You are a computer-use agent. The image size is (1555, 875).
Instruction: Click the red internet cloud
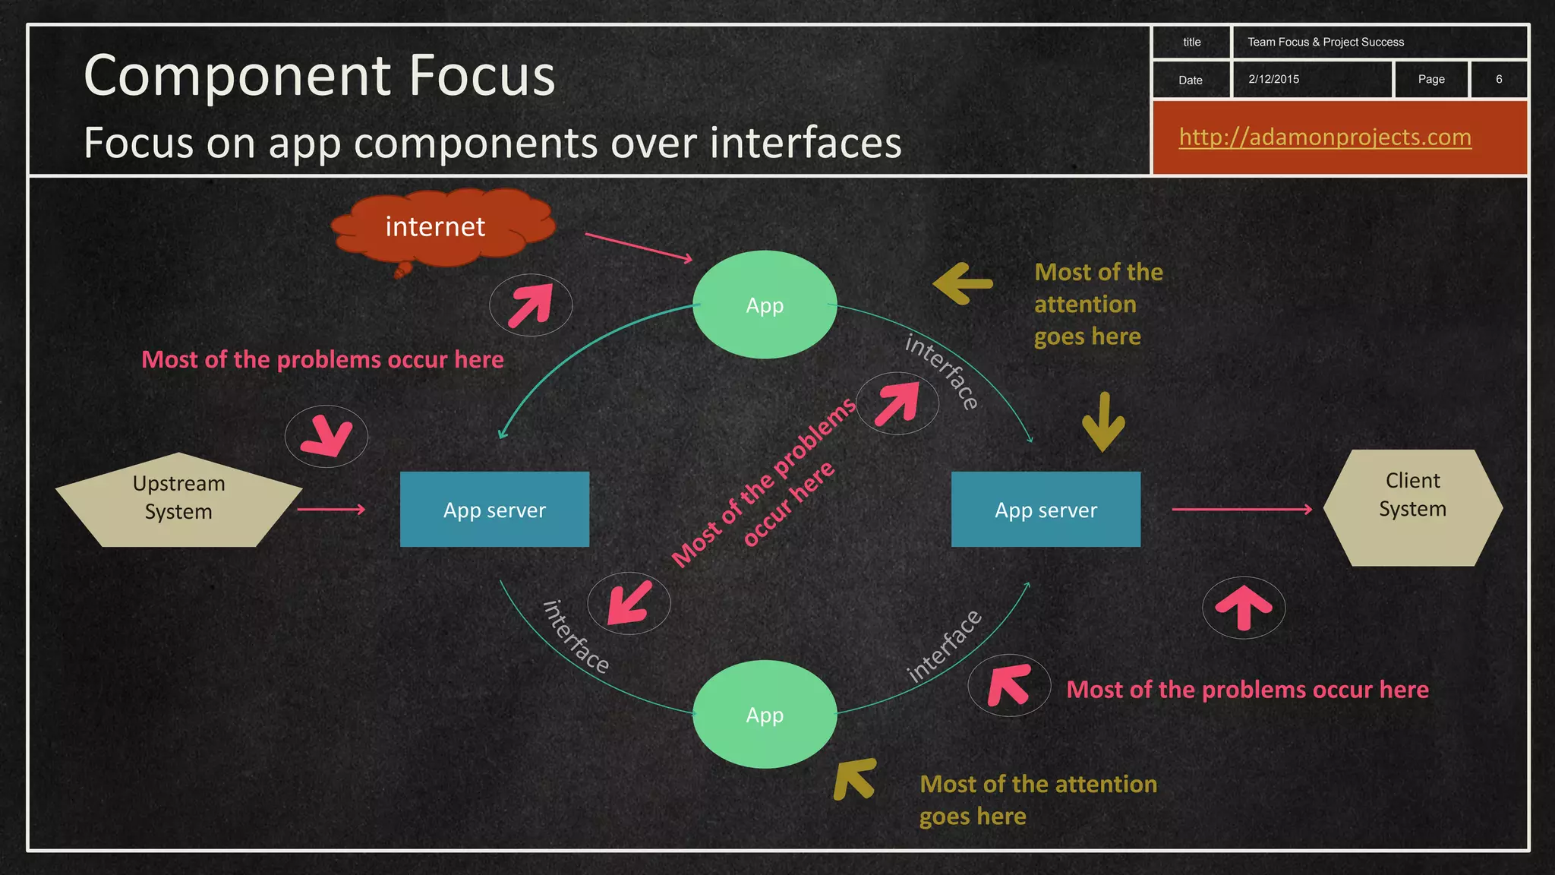point(440,228)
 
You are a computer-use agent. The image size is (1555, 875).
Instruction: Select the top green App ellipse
point(765,305)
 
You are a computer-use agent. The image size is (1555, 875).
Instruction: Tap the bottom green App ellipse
point(765,714)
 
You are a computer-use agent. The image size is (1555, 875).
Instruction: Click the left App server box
point(494,509)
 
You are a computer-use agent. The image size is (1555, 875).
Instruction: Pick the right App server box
point(1046,509)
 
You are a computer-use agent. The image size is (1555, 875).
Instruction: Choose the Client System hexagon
point(1412,507)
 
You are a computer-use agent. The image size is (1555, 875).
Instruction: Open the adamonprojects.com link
point(1325,137)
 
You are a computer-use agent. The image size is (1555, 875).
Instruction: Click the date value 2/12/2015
point(1273,79)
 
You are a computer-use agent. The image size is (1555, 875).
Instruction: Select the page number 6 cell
point(1499,79)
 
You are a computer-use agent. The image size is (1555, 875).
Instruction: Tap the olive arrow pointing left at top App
point(963,283)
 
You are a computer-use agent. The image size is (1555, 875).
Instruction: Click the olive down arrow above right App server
point(1103,422)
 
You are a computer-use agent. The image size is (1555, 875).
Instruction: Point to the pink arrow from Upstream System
point(331,510)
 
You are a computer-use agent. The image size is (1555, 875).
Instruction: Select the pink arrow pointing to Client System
point(1242,510)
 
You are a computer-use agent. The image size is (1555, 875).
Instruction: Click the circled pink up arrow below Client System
point(1244,608)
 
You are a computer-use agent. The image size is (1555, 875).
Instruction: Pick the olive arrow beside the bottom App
point(855,779)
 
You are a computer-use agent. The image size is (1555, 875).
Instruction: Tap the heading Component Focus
point(320,75)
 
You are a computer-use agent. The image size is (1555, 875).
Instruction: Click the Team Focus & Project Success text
point(1326,43)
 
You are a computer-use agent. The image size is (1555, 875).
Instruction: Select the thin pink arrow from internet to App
point(639,248)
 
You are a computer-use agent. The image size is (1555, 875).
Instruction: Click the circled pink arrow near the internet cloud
point(531,305)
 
